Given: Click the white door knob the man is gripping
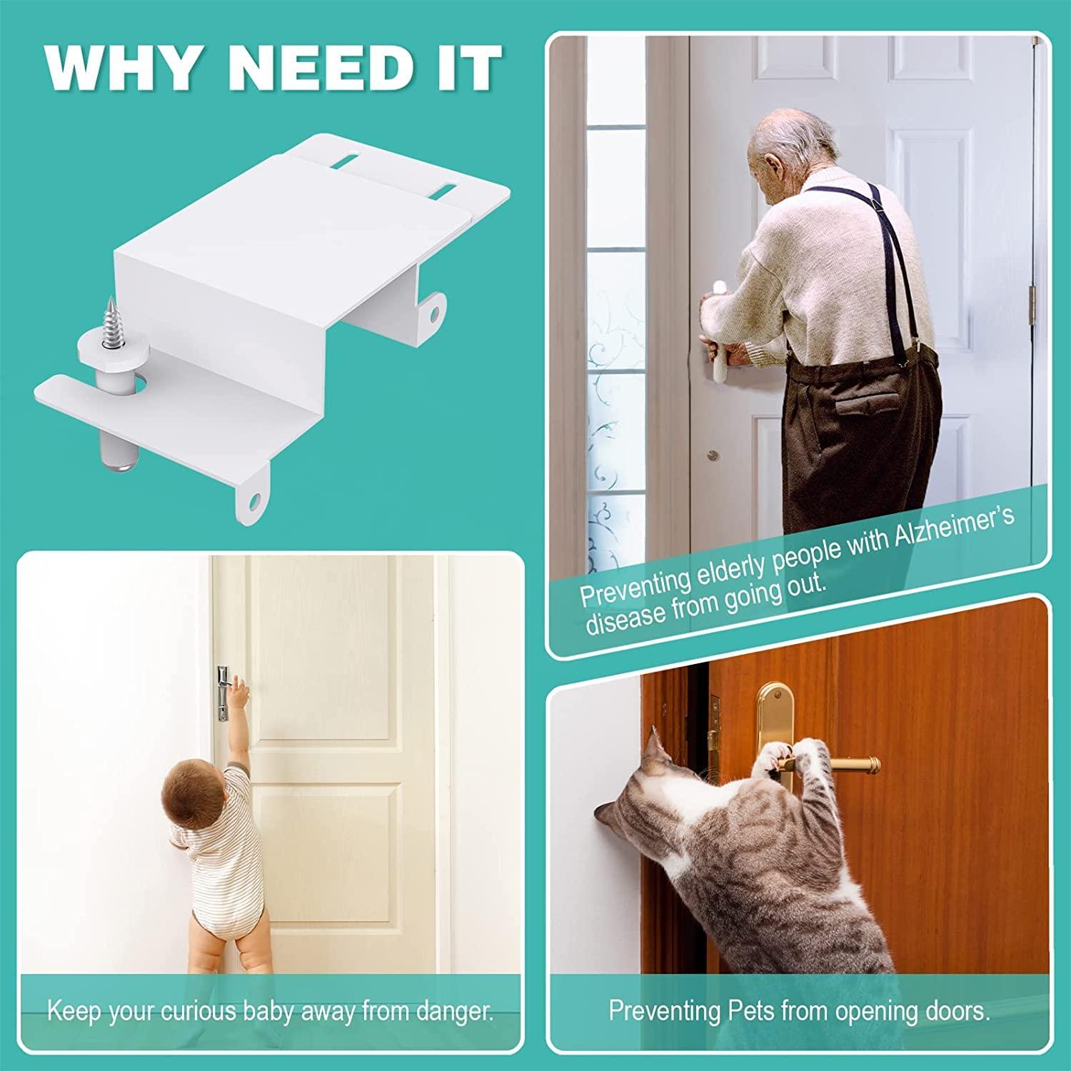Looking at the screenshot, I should point(716,291).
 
